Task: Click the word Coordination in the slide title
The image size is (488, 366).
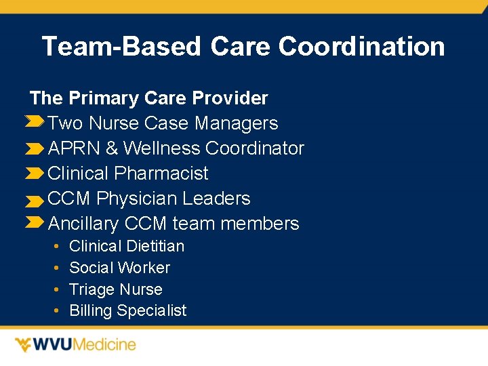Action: click(361, 47)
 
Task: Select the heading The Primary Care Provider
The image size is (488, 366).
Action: click(149, 98)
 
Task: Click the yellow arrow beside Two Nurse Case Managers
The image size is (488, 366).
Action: click(35, 122)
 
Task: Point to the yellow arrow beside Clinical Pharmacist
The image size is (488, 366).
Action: click(35, 174)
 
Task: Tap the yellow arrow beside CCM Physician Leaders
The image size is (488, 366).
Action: click(35, 201)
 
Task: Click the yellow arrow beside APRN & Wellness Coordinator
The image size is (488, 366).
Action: click(35, 148)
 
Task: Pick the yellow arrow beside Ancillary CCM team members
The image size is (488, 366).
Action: click(35, 222)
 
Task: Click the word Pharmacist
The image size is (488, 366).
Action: click(161, 174)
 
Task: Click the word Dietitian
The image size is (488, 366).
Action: click(155, 246)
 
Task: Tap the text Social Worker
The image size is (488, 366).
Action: click(119, 268)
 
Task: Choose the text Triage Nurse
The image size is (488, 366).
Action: click(116, 289)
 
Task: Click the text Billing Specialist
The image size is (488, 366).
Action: click(127, 311)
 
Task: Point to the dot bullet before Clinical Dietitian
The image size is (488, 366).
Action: click(56, 246)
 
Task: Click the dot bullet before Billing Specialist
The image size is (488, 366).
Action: click(56, 311)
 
